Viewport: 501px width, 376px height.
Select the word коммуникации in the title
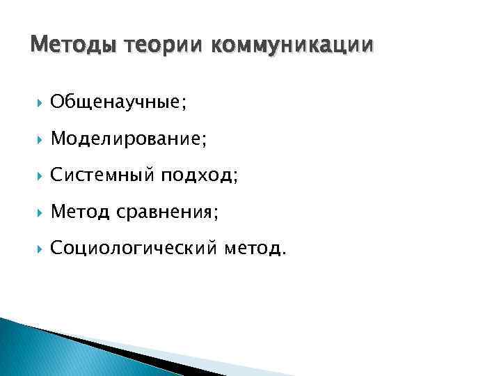(x=292, y=45)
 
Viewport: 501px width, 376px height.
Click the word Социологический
(x=134, y=248)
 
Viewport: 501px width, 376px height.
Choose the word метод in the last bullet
(x=252, y=248)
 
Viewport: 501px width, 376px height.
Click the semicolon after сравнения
(x=216, y=214)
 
